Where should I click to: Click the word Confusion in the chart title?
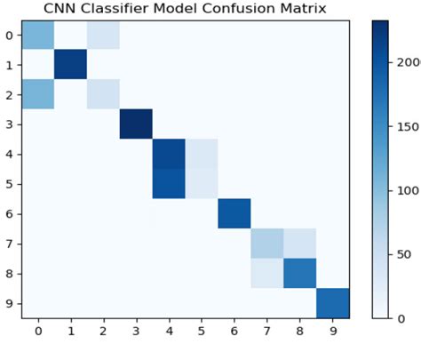(223, 9)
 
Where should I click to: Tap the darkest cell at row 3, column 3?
(136, 124)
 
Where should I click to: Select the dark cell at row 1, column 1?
(70, 65)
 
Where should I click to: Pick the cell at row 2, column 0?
(37, 94)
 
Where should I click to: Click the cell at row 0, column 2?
(103, 36)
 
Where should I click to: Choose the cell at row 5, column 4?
(169, 183)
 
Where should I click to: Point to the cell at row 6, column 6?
(234, 213)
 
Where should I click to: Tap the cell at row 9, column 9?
(333, 302)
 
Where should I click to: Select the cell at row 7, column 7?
(267, 243)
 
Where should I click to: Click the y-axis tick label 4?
(10, 154)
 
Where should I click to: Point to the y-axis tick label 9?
(10, 302)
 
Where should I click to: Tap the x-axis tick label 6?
(234, 331)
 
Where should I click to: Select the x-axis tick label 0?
(37, 331)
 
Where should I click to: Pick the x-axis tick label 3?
(136, 331)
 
